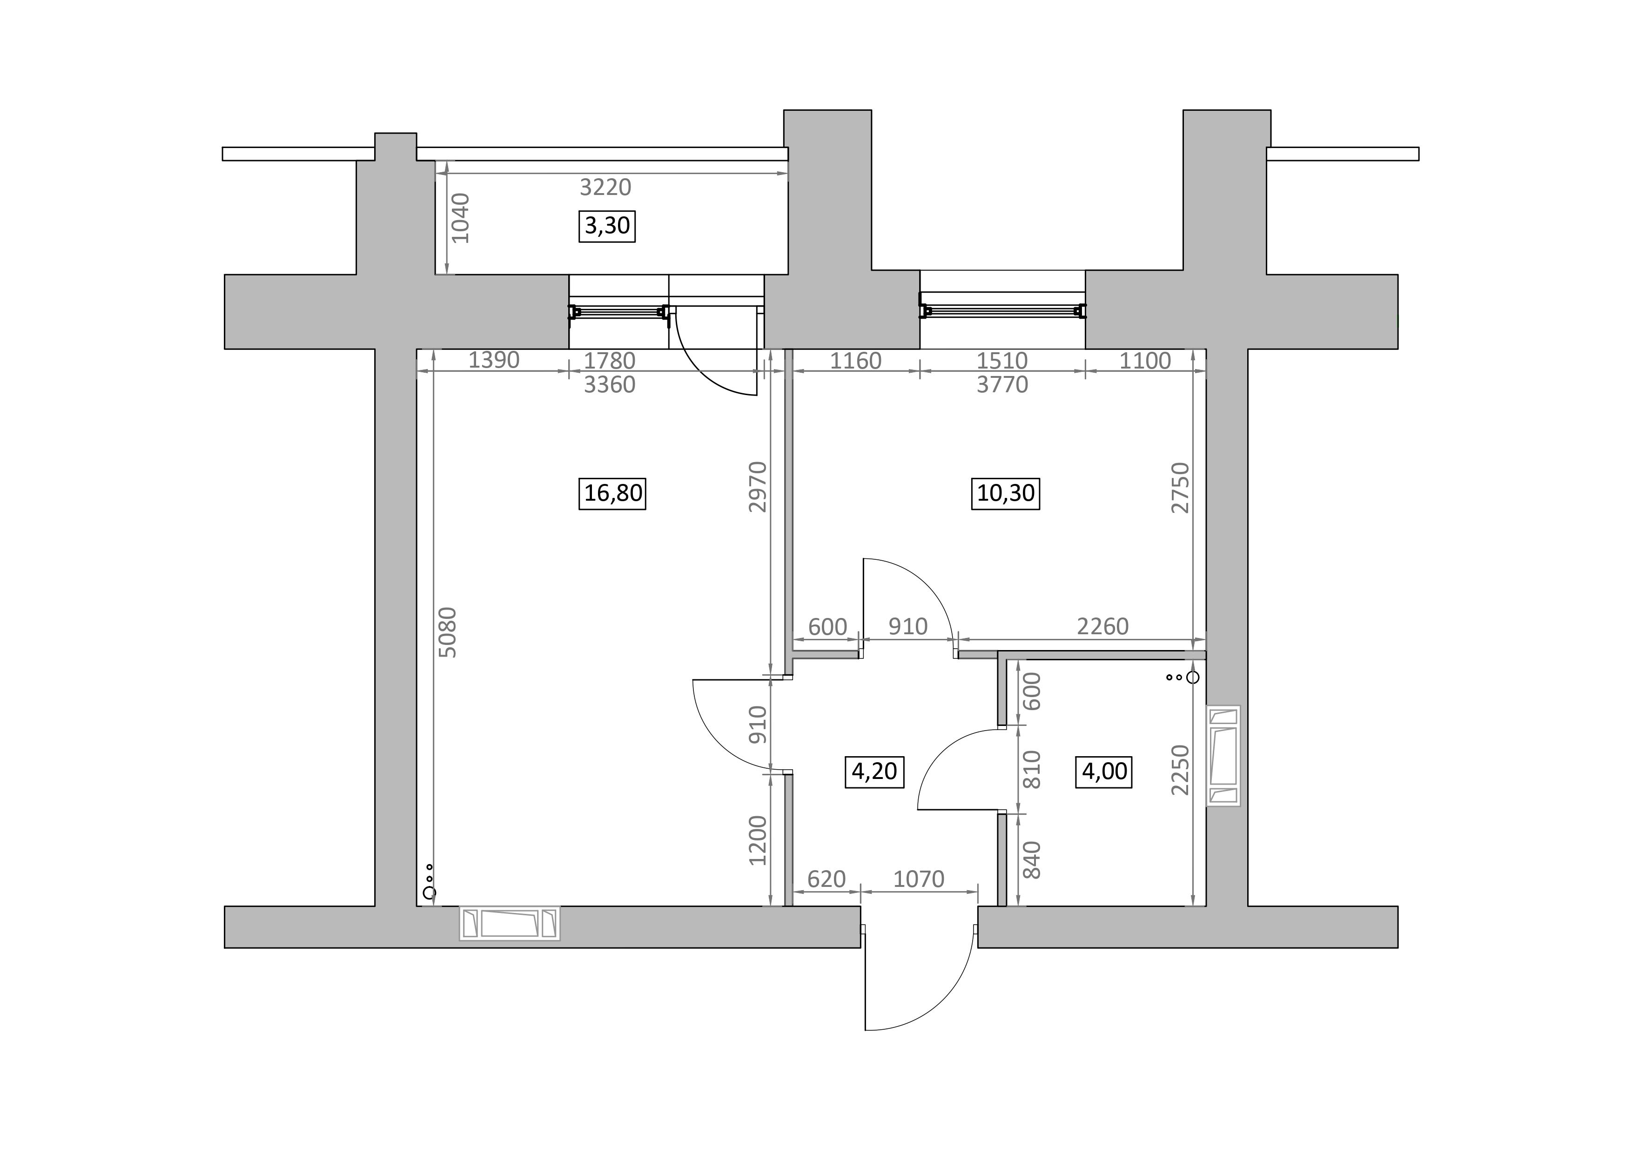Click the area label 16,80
click(612, 493)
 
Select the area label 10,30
click(1005, 493)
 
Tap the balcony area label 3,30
click(607, 226)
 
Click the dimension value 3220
click(605, 187)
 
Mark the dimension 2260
click(1102, 626)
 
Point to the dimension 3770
click(1002, 385)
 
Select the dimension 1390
click(494, 361)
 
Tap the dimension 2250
click(1180, 770)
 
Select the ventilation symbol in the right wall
click(1223, 756)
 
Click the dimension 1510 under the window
click(1002, 361)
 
